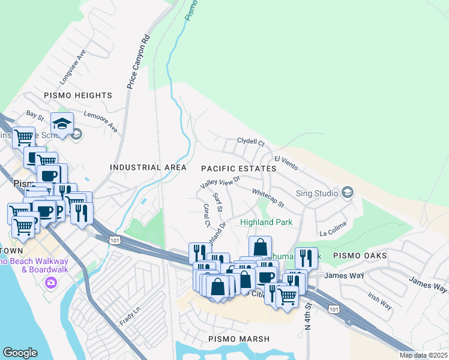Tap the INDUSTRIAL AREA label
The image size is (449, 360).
point(144,167)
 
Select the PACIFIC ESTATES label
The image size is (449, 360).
point(238,169)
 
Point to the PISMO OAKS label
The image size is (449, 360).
point(360,256)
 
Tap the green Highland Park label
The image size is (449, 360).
point(266,222)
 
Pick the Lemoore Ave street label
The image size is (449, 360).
point(100,121)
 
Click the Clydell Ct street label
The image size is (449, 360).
point(250,143)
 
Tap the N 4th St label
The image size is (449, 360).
point(309,316)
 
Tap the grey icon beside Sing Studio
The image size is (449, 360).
point(346,193)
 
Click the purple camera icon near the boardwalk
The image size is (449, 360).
point(50,281)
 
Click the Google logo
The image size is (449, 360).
point(20,353)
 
